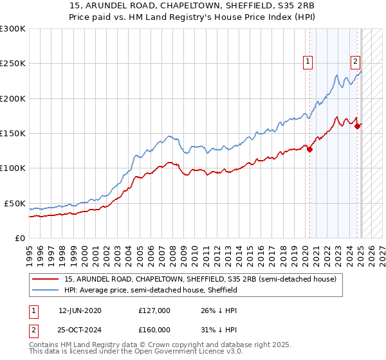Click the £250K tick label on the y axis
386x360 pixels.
13,64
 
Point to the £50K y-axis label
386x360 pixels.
15,203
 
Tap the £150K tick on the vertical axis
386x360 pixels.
13,134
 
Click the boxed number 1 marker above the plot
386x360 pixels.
308,62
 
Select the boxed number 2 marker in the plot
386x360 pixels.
355,62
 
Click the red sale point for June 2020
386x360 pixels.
309,150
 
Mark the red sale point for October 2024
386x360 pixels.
358,127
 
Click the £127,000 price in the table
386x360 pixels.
154,310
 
